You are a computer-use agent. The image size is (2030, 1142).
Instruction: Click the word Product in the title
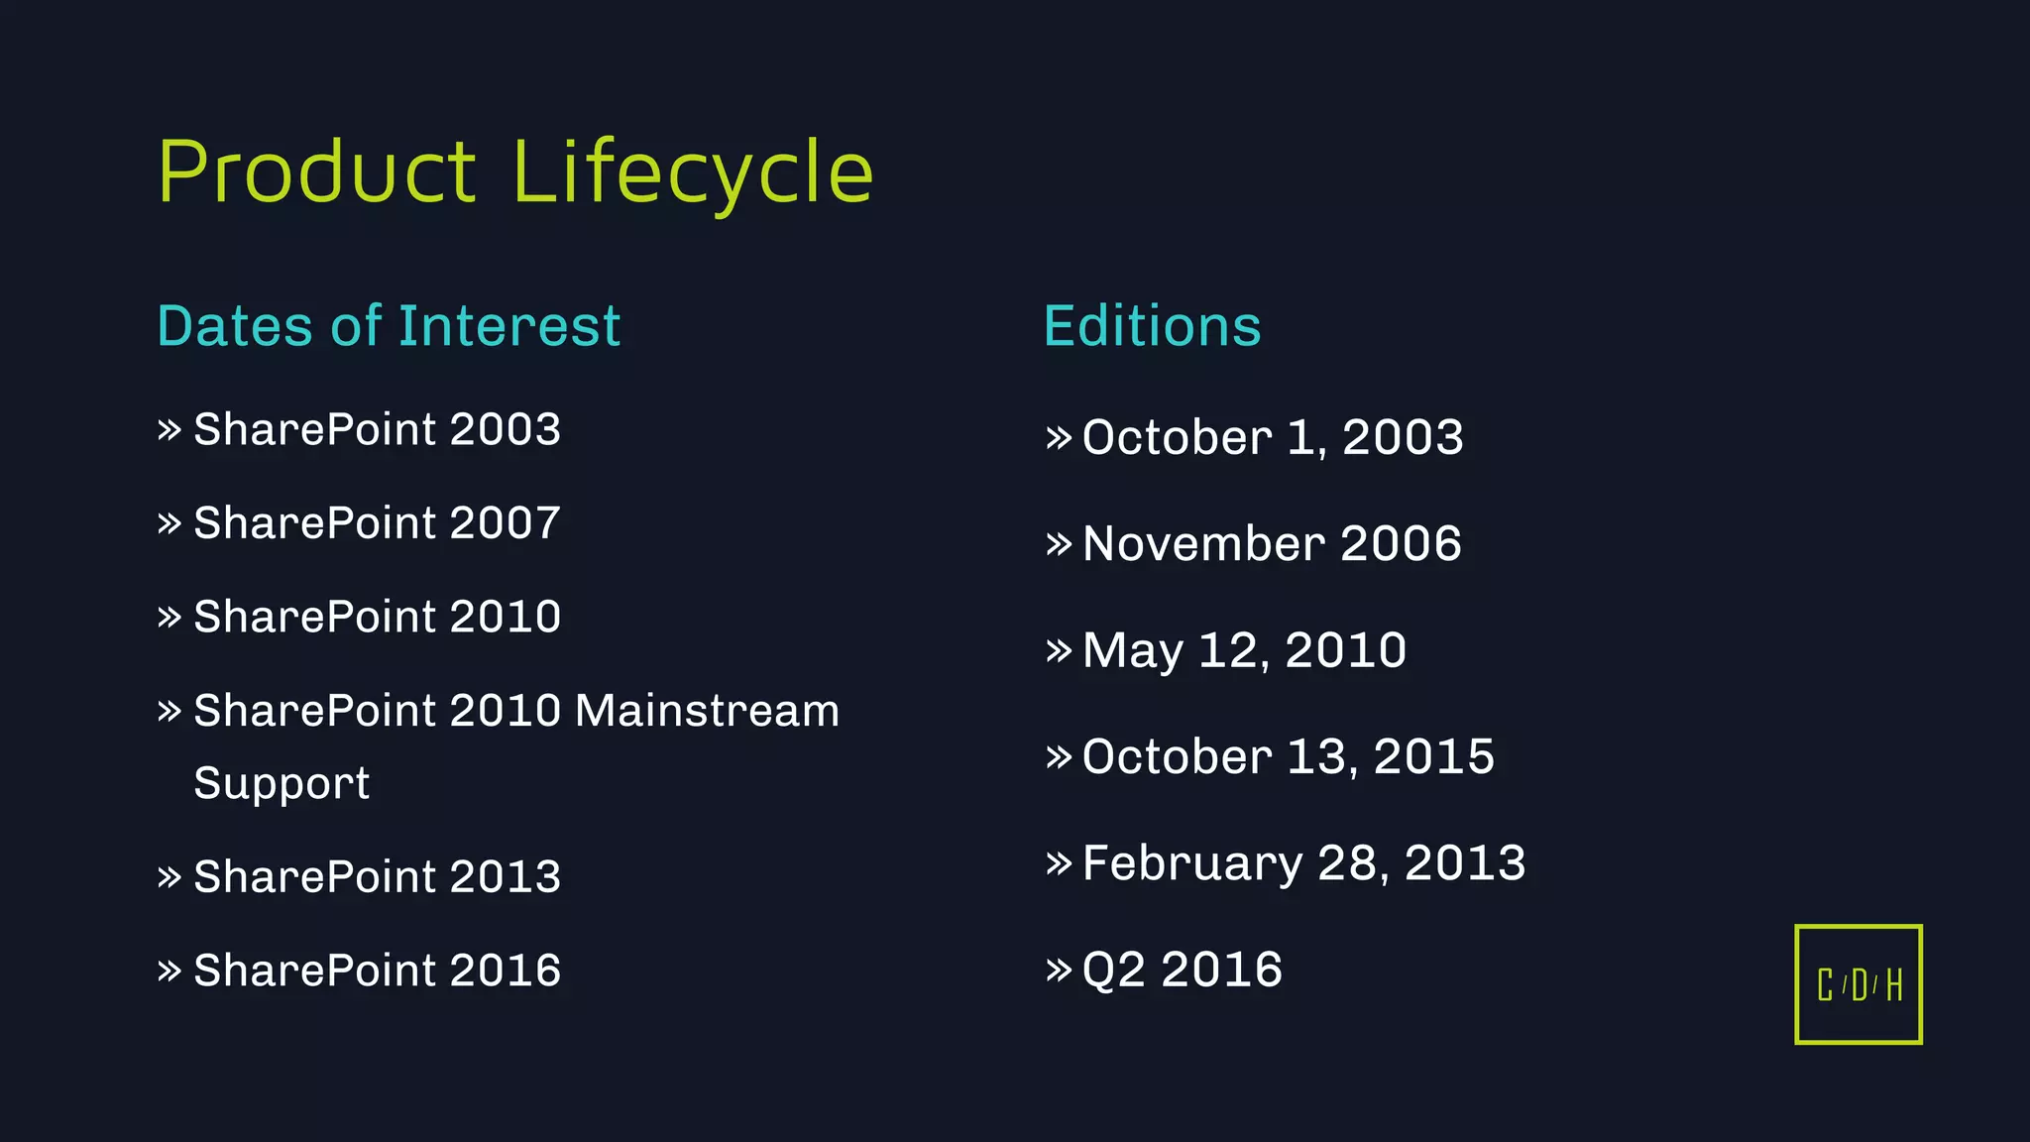[x=317, y=172]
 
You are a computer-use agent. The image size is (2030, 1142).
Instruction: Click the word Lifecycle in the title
[x=692, y=172]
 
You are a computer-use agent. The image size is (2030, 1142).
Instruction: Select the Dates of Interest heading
[x=389, y=326]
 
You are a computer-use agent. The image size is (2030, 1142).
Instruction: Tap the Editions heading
[x=1152, y=326]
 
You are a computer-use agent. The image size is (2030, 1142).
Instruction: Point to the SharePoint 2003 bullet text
[x=377, y=430]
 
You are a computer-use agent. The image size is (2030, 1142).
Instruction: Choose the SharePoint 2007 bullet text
[x=377, y=523]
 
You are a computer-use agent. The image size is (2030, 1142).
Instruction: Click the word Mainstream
[x=707, y=711]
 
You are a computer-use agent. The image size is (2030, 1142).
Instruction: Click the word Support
[x=282, y=783]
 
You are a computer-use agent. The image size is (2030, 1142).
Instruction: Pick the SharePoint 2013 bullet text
[x=377, y=876]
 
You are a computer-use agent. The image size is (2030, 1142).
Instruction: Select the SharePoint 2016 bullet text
[x=377, y=971]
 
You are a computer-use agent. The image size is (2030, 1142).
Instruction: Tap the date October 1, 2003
[x=1273, y=437]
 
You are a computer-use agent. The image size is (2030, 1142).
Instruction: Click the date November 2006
[x=1272, y=543]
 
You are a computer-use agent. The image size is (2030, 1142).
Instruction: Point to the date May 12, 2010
[x=1244, y=650]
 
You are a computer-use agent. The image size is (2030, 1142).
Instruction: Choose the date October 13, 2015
[x=1288, y=756]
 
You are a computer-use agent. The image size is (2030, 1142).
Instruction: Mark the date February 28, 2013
[x=1303, y=862]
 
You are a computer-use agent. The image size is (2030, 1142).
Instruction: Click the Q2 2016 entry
[x=1183, y=969]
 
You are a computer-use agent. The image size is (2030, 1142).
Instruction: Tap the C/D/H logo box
[x=1858, y=984]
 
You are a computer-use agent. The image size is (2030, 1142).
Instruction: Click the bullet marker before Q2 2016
[x=1059, y=969]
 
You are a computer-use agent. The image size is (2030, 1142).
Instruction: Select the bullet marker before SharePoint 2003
[x=169, y=430]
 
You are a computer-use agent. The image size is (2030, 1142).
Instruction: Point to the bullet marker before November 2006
[x=1059, y=543]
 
